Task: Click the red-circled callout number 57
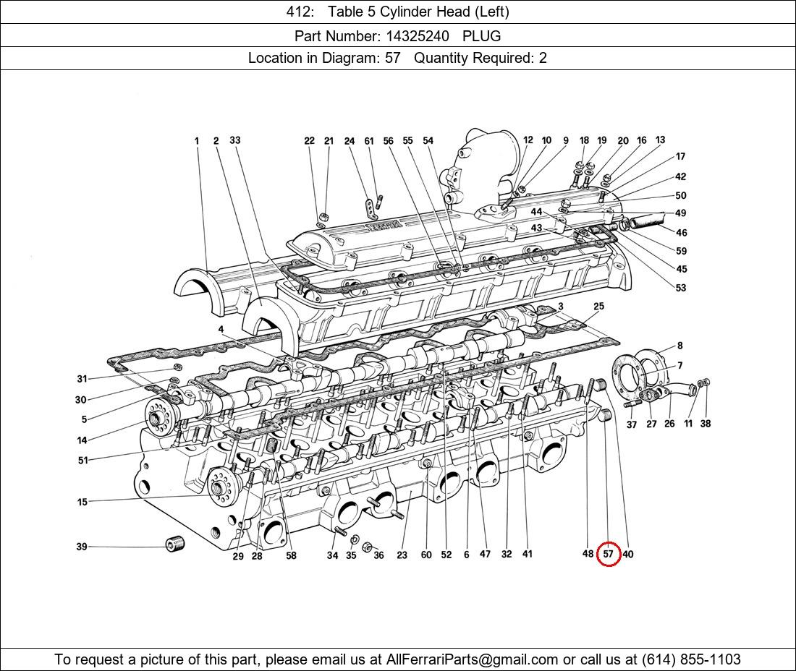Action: coord(608,555)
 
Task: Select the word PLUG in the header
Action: coord(481,35)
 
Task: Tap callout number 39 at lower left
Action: coord(82,547)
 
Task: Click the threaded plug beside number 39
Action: coord(176,544)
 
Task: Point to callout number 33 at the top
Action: coord(235,141)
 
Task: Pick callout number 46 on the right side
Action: coord(682,233)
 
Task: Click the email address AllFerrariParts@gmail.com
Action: coord(472,659)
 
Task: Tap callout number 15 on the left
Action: coord(82,502)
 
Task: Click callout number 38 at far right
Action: coord(706,424)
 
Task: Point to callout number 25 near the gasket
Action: coord(598,307)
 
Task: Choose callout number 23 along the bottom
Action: coord(402,555)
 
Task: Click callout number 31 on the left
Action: coord(82,379)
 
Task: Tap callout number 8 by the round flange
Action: coord(679,346)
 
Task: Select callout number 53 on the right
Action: coord(680,288)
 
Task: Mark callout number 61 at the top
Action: coord(369,142)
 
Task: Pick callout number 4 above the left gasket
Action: coord(221,330)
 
